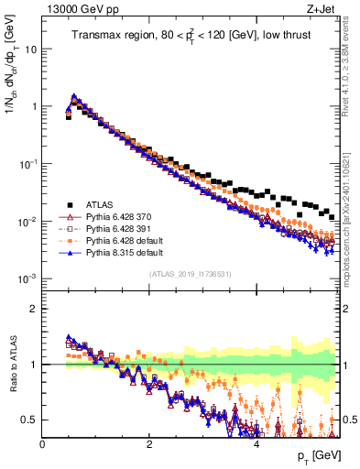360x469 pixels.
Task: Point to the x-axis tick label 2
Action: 149,443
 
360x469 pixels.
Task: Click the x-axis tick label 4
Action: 256,443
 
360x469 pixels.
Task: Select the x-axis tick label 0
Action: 43,443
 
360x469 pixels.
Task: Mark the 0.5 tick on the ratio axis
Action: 32,420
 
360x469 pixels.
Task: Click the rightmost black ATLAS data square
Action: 331,216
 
